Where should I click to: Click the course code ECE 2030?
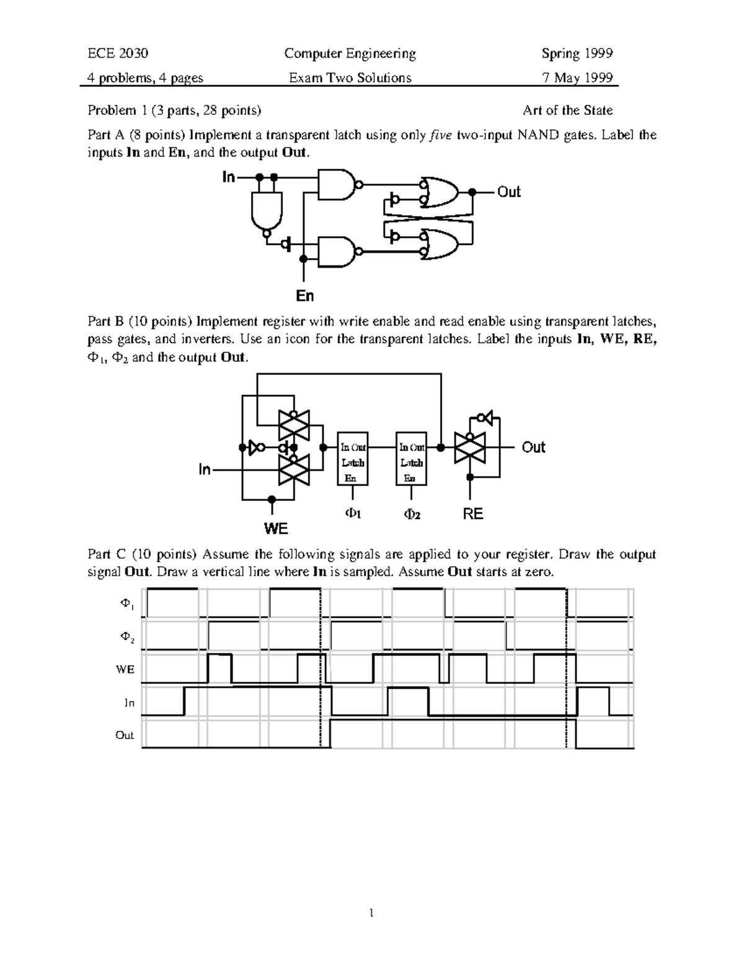[x=118, y=53]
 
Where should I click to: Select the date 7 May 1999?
[x=577, y=78]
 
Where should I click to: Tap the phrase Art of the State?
[x=567, y=110]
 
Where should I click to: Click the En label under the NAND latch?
[x=304, y=296]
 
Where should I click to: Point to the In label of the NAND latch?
[x=229, y=177]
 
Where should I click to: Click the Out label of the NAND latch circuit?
[x=508, y=192]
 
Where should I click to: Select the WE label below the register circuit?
[x=276, y=528]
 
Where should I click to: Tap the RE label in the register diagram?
[x=473, y=514]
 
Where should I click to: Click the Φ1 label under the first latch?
[x=353, y=513]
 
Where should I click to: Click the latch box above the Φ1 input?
[x=353, y=458]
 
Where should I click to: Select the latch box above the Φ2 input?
[x=412, y=458]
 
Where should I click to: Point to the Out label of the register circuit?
[x=533, y=447]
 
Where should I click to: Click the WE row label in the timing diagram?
[x=125, y=670]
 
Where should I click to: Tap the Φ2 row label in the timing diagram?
[x=126, y=637]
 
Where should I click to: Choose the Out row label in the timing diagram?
[x=124, y=735]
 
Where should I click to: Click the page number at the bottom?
[x=371, y=913]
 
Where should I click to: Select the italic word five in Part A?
[x=441, y=135]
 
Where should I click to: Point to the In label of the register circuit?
[x=205, y=470]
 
